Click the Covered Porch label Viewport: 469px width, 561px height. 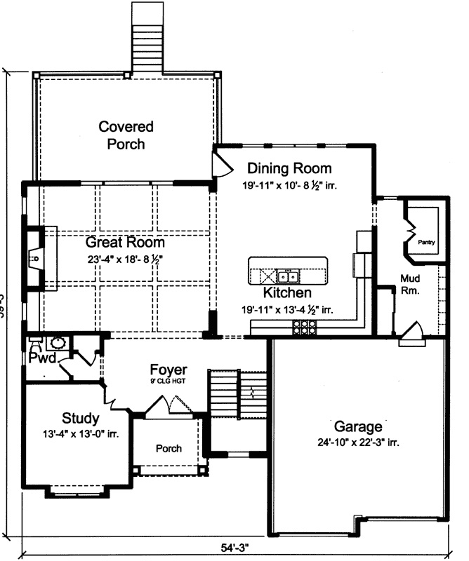point(126,135)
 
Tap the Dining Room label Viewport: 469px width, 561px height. point(289,168)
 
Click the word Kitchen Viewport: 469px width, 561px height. point(286,292)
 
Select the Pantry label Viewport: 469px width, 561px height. point(426,243)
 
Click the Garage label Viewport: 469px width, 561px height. point(358,426)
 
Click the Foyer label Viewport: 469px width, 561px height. point(169,370)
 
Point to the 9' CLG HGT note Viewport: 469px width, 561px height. point(169,381)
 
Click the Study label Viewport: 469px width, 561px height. point(80,419)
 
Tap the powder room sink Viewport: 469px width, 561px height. point(58,344)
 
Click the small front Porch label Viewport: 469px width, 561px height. point(169,448)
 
